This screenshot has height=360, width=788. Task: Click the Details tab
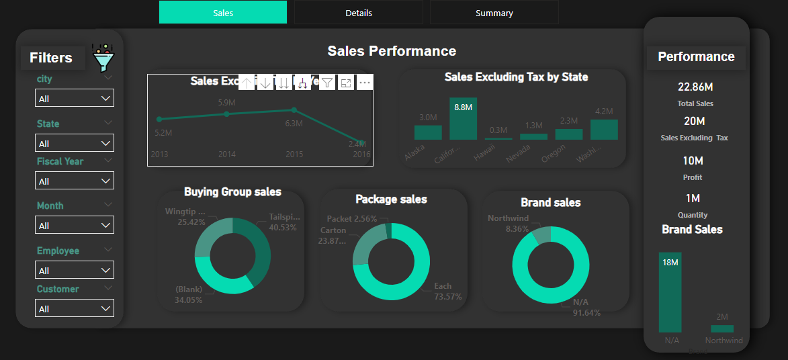click(358, 13)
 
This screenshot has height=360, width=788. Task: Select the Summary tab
click(494, 13)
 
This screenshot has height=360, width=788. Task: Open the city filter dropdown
click(74, 99)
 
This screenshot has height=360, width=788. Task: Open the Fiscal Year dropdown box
click(74, 181)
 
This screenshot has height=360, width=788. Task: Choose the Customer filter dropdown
click(74, 309)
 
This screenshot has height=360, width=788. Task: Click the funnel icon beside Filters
click(103, 59)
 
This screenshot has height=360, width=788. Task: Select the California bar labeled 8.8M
click(463, 119)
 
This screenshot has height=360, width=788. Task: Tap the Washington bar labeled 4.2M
click(603, 129)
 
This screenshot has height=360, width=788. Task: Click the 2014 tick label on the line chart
click(226, 154)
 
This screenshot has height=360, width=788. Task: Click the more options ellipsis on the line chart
click(365, 83)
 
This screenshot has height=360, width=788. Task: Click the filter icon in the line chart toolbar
click(326, 83)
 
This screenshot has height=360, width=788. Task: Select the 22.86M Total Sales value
click(695, 87)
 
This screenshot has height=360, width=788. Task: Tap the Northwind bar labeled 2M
click(722, 328)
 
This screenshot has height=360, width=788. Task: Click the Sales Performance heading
click(392, 51)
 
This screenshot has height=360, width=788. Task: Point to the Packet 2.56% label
click(351, 219)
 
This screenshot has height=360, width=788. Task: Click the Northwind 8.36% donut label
click(508, 223)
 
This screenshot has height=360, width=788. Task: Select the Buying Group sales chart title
click(232, 192)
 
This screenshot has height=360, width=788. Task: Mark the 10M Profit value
click(693, 161)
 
